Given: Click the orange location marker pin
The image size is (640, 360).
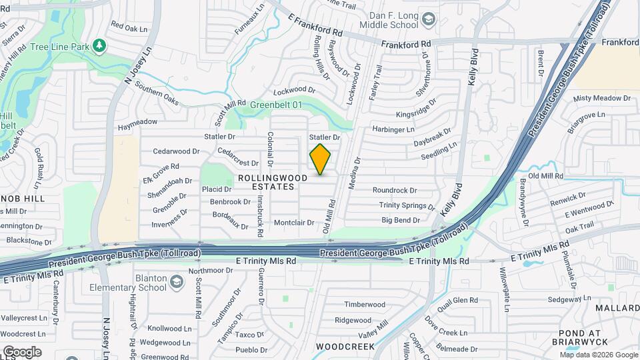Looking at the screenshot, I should [x=321, y=159].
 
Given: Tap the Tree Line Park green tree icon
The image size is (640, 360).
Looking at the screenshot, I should [x=99, y=45].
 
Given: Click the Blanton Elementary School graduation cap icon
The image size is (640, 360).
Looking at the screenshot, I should [x=176, y=282].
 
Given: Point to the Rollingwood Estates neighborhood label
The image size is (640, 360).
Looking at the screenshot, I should [x=273, y=182].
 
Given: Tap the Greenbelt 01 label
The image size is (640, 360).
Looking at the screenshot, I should [x=276, y=105].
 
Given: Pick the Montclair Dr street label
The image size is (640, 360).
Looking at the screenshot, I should [x=293, y=223].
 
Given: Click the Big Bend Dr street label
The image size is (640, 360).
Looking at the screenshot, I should [x=401, y=220].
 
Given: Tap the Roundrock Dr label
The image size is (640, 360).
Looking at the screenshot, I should [x=395, y=191].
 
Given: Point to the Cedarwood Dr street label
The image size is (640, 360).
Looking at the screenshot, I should [x=176, y=151].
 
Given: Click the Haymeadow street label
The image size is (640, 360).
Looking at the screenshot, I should [x=137, y=122].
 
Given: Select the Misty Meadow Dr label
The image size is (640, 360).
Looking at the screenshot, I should [x=601, y=98].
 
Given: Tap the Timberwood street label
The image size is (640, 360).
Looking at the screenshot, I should [x=365, y=305].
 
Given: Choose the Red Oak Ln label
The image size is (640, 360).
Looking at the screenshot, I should [x=129, y=27].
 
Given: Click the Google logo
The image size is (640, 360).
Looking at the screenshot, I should [x=22, y=351].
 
